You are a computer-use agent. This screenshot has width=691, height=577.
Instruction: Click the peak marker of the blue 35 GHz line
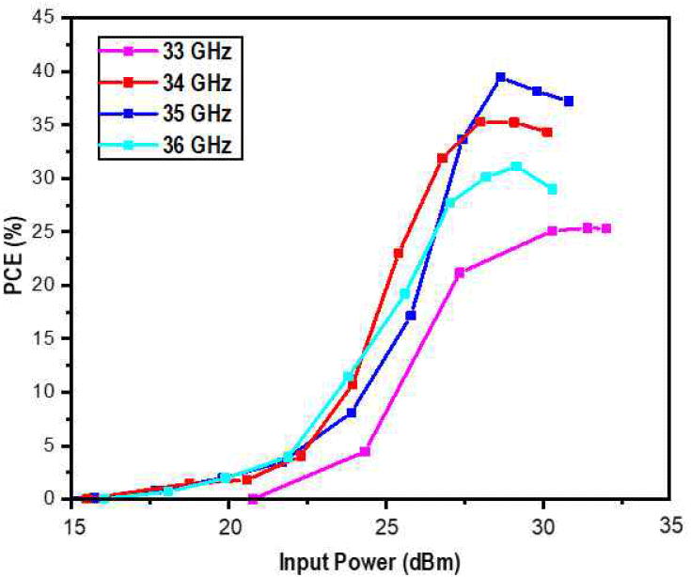[x=501, y=77]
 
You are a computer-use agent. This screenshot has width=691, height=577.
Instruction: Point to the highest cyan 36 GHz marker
[x=516, y=166]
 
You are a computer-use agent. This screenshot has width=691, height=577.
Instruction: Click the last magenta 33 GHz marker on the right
[x=606, y=228]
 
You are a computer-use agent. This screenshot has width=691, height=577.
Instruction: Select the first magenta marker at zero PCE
[x=253, y=499]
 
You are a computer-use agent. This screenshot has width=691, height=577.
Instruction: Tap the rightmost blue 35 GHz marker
[x=569, y=101]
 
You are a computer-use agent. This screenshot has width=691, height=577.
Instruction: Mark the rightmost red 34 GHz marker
[x=547, y=133]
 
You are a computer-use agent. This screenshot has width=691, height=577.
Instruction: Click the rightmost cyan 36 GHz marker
[x=552, y=189]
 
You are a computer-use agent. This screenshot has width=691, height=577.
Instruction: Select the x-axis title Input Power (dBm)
[x=368, y=563]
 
